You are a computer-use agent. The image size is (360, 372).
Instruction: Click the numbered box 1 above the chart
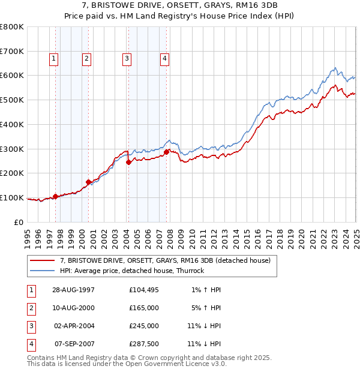(x=54, y=58)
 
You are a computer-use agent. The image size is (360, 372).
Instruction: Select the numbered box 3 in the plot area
(x=127, y=58)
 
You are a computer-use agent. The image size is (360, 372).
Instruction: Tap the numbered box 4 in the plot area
(x=164, y=58)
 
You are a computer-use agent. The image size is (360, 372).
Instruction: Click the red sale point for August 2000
(x=88, y=182)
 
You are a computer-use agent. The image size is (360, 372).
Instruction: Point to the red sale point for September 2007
(x=166, y=152)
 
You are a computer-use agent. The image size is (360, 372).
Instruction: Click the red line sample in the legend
(x=43, y=260)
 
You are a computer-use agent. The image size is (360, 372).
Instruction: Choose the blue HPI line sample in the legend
(x=43, y=271)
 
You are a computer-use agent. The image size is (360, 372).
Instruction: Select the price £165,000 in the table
(x=143, y=308)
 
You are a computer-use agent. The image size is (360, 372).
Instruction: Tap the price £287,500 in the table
(x=143, y=344)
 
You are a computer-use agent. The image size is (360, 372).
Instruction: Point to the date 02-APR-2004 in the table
(x=74, y=326)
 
